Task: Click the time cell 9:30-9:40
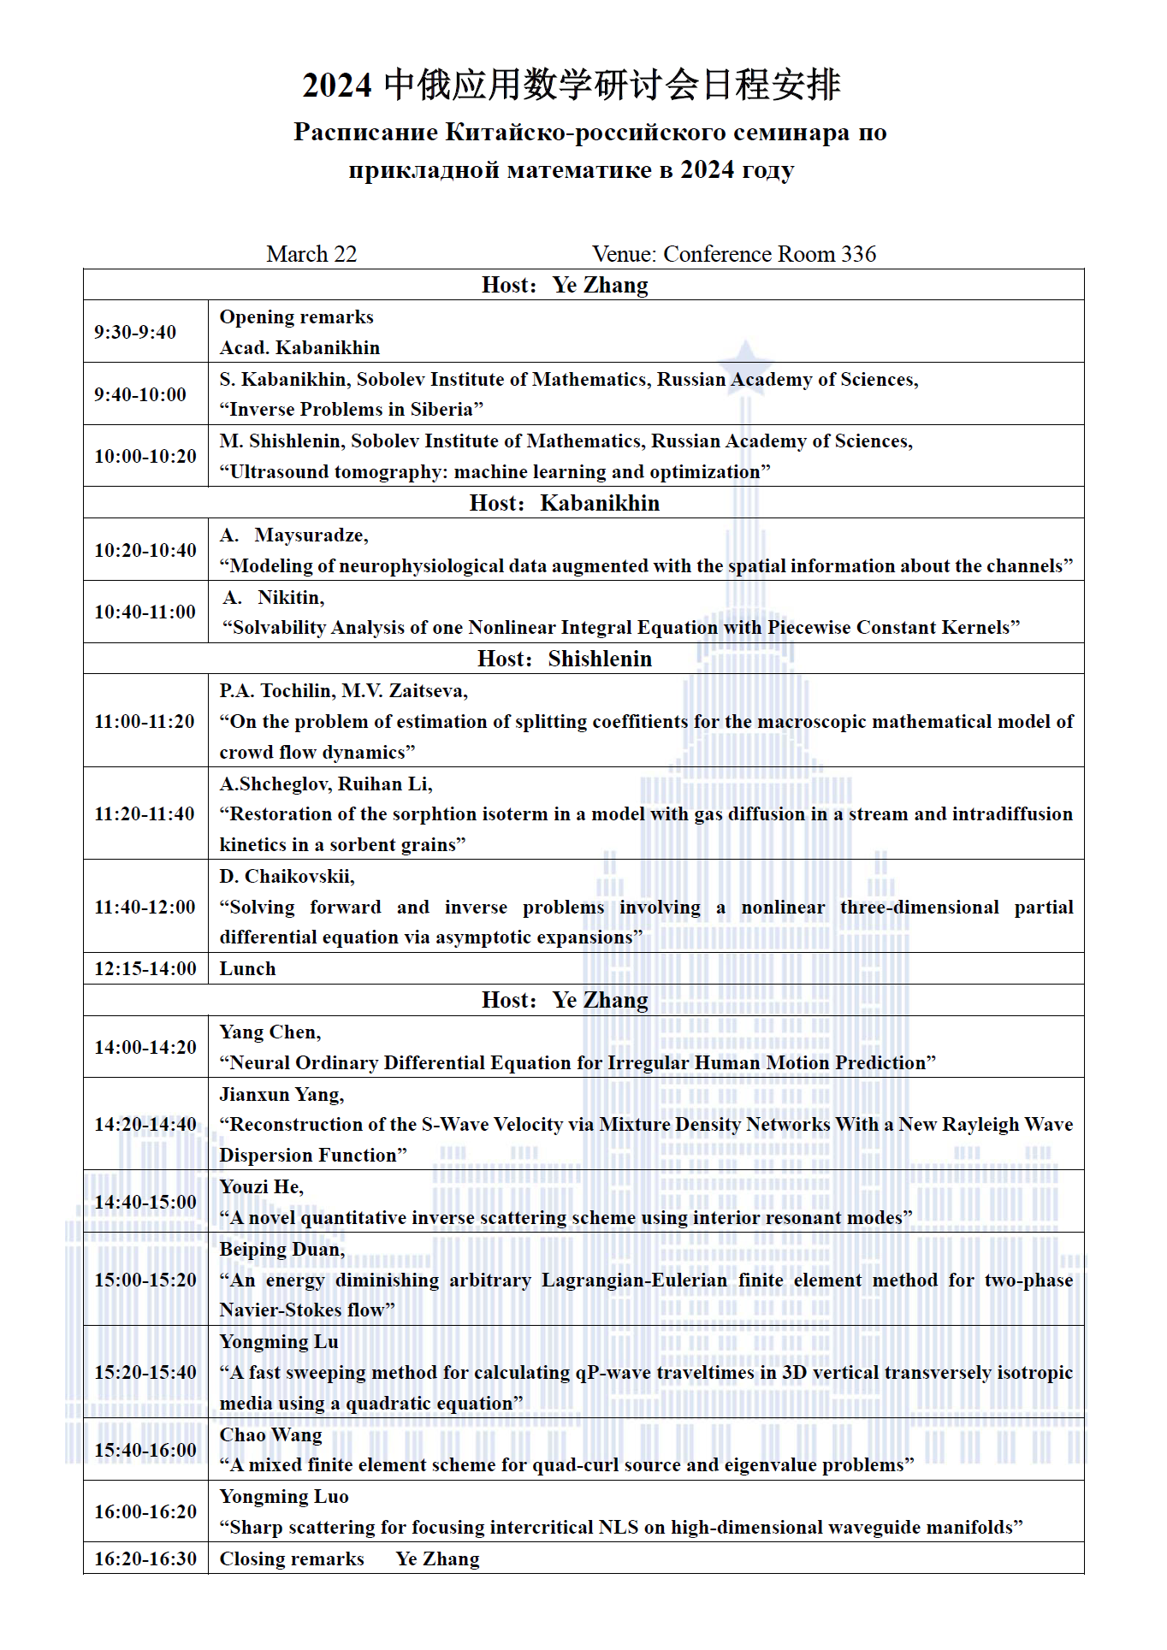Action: tap(135, 332)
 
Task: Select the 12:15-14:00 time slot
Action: tap(145, 968)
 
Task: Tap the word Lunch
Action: tap(247, 968)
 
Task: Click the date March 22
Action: tap(311, 254)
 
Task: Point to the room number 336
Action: tap(858, 254)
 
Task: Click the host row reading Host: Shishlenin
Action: tap(565, 659)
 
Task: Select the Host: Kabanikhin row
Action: tap(565, 503)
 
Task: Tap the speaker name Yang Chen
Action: tap(270, 1032)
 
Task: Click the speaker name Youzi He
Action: tap(261, 1187)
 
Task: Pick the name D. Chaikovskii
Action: tap(286, 877)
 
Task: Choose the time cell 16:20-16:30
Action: tap(145, 1558)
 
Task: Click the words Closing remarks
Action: tap(292, 1558)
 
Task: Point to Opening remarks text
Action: tap(296, 317)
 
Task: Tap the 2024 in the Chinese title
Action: tap(336, 86)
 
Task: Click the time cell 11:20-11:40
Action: tap(145, 813)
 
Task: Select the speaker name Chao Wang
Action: tap(270, 1434)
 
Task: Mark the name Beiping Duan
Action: tap(281, 1250)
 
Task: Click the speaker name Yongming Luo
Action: tap(284, 1497)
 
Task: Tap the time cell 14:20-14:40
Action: tap(145, 1124)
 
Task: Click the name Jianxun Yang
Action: tap(281, 1095)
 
